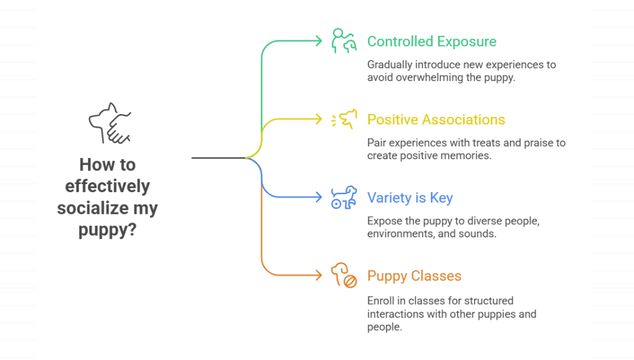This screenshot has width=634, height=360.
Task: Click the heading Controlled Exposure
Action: pyautogui.click(x=432, y=42)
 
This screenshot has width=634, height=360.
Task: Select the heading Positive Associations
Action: pyautogui.click(x=436, y=120)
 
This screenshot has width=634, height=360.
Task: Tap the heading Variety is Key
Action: pyautogui.click(x=410, y=198)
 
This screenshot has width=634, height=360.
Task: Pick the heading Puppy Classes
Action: pyautogui.click(x=414, y=276)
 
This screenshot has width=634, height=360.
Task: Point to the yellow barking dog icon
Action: pyautogui.click(x=345, y=119)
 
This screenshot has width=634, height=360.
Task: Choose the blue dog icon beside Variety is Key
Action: pyautogui.click(x=344, y=198)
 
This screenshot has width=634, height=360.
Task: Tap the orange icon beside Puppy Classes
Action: pyautogui.click(x=344, y=276)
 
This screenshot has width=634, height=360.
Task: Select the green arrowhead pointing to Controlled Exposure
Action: pyautogui.click(x=318, y=42)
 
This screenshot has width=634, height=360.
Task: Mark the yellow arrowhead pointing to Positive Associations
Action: pyautogui.click(x=318, y=120)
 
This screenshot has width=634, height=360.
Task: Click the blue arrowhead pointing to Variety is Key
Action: pyautogui.click(x=318, y=198)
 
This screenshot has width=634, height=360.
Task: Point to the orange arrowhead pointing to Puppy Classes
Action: pyautogui.click(x=318, y=276)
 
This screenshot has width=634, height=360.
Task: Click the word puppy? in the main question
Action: pyautogui.click(x=107, y=230)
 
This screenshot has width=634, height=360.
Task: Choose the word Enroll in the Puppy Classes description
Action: pyautogui.click(x=380, y=301)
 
